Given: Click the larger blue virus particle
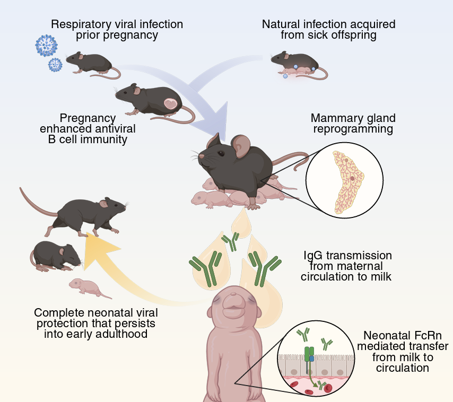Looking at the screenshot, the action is click(x=47, y=46).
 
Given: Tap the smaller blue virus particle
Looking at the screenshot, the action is click(x=55, y=65).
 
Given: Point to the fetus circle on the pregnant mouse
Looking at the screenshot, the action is click(x=171, y=103).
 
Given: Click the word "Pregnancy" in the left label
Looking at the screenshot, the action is click(x=88, y=118).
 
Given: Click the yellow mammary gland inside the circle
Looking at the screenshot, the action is click(x=348, y=182).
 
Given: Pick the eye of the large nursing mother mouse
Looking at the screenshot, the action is click(x=221, y=153).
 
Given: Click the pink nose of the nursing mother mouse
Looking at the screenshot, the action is click(x=202, y=156).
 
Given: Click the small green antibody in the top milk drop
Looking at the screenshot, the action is click(x=231, y=241).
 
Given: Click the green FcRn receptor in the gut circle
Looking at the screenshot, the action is click(x=309, y=355).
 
